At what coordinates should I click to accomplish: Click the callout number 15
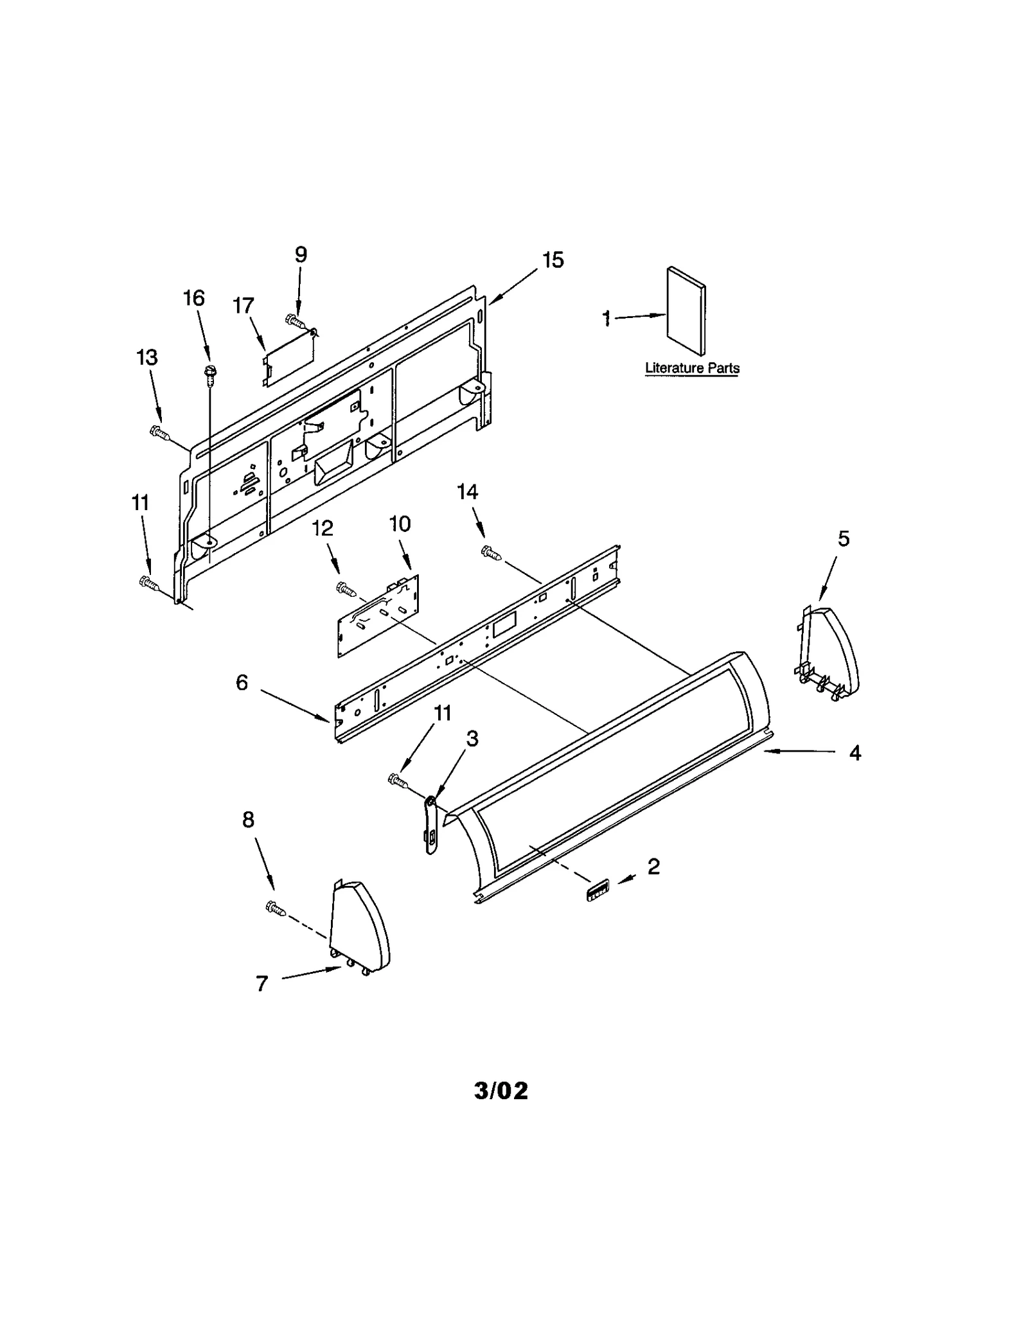(x=552, y=260)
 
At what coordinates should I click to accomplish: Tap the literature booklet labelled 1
(x=686, y=311)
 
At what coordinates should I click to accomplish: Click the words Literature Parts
(x=692, y=368)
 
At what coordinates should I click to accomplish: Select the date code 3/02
(x=501, y=1090)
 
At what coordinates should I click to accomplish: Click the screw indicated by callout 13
(x=159, y=433)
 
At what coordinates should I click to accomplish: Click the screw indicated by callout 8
(x=275, y=908)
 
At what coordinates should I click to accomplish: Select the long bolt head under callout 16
(x=209, y=371)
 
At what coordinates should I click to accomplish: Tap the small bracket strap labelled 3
(x=430, y=825)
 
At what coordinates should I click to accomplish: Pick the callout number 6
(x=242, y=682)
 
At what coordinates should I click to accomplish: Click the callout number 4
(x=855, y=752)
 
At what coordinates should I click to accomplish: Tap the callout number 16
(x=194, y=298)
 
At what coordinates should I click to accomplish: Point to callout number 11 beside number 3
(x=442, y=713)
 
